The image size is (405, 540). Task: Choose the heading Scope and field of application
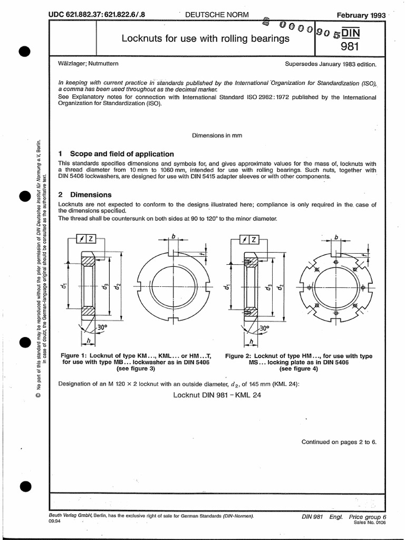[122, 154]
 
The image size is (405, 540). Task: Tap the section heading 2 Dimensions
[84, 194]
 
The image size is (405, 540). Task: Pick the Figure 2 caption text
[298, 363]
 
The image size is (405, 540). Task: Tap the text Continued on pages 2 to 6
[339, 442]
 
